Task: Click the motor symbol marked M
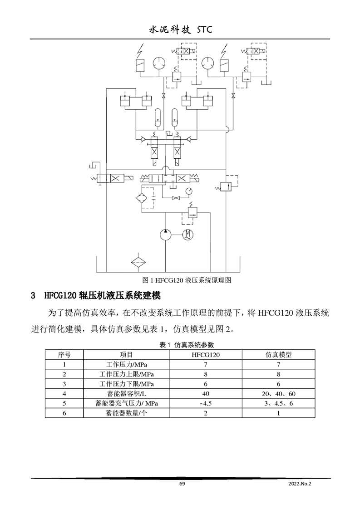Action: pos(188,235)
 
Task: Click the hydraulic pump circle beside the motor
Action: pos(166,235)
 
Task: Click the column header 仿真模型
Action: pos(278,354)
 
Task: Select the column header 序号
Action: pos(64,354)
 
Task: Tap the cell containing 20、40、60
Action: pos(278,394)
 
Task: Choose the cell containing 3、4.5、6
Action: pos(278,403)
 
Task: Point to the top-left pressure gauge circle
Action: pos(159,63)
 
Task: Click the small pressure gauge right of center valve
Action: pos(188,190)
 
